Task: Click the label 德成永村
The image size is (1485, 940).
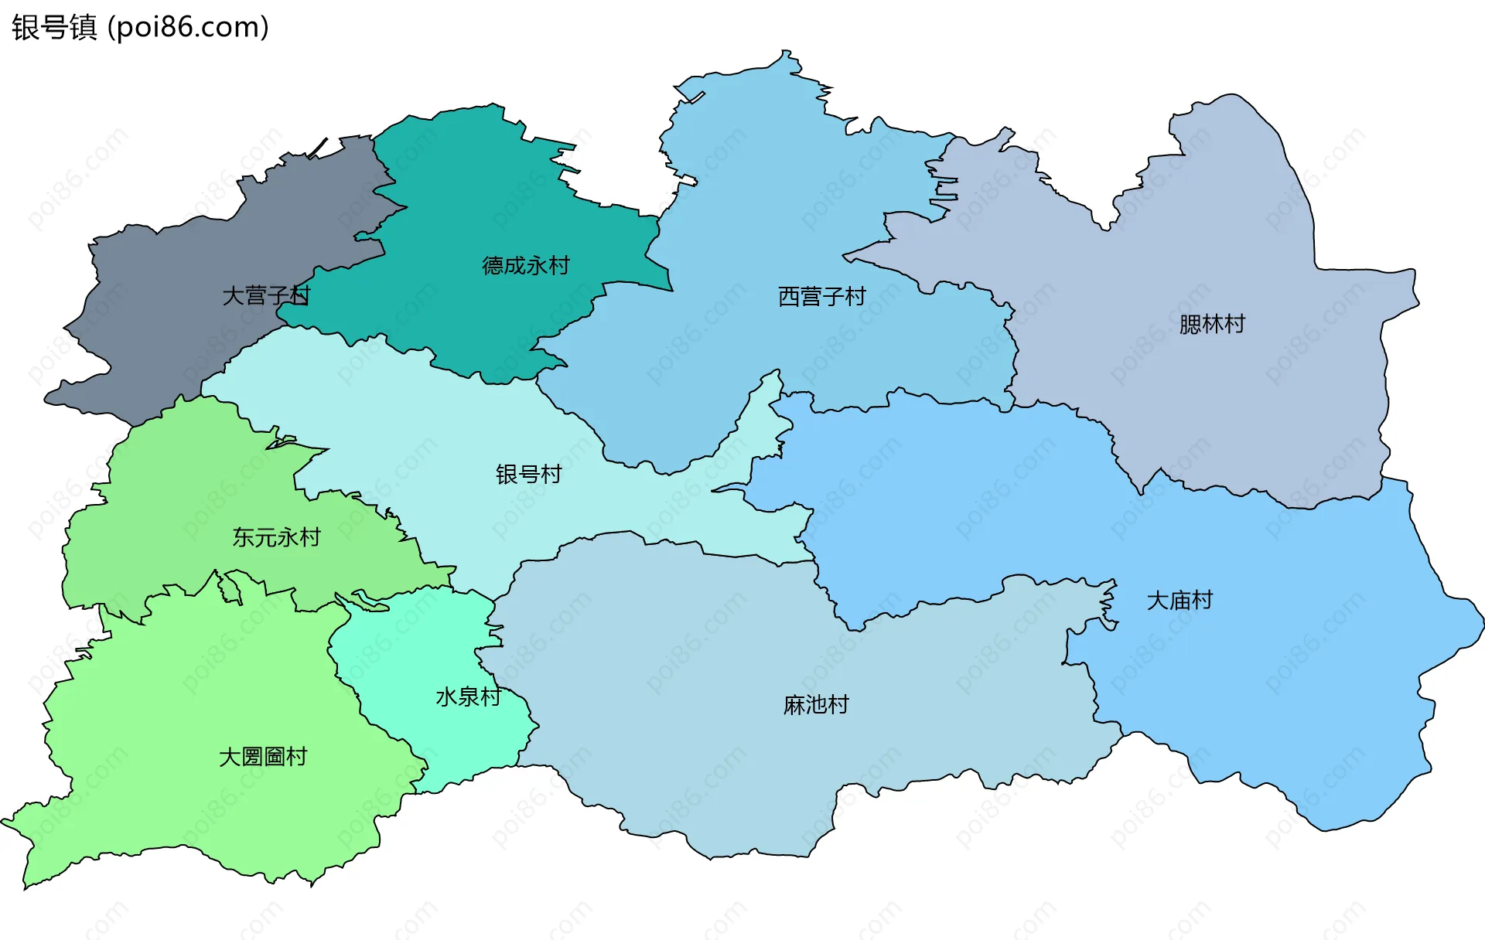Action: pos(526,266)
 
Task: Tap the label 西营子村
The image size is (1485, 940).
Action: pos(821,297)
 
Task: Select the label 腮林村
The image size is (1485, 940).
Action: pos(1212,324)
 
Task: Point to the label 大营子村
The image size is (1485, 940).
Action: pos(266,295)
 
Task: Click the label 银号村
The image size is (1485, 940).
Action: pos(528,474)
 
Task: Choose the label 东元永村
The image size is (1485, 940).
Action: pos(276,537)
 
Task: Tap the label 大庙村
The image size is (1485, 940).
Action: pos(1179,601)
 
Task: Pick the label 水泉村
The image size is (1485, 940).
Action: pos(468,697)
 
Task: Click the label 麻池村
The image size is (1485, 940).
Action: pos(816,705)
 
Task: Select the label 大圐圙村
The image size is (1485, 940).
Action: pos(263,757)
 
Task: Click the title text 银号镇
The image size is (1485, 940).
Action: pos(54,27)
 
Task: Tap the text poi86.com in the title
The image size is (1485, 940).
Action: pos(188,27)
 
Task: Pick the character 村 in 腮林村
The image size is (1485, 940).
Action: pos(1235,324)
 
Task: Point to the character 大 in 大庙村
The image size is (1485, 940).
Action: pos(1157,601)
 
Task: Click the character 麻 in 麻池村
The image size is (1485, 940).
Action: pos(794,705)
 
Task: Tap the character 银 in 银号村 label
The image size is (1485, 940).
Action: pos(507,474)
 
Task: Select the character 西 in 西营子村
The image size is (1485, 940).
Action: pos(789,297)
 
